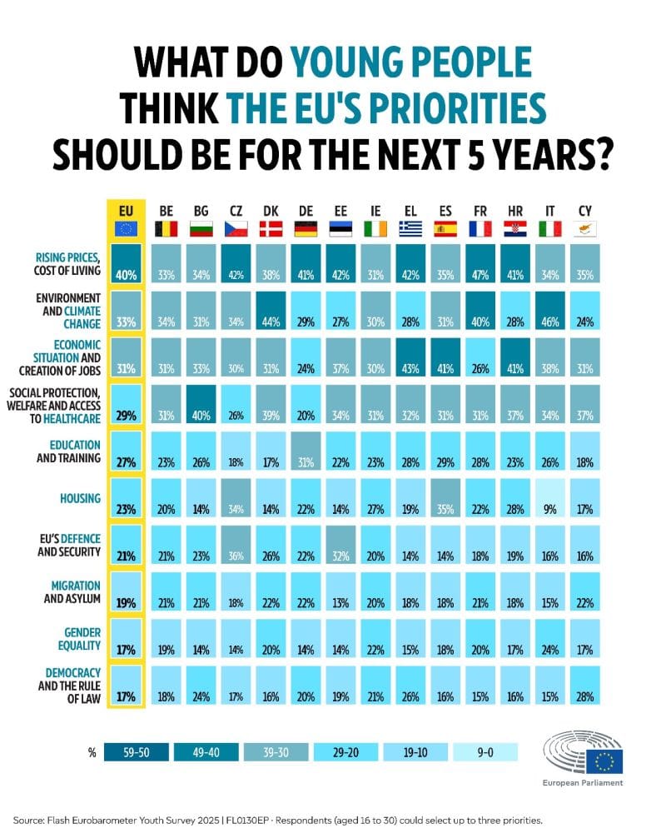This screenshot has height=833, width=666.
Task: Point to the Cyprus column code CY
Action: coord(584,211)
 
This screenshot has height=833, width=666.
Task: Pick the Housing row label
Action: coord(80,498)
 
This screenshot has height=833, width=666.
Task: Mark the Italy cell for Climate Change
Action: coord(550,322)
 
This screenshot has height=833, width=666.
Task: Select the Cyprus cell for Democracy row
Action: coord(584,696)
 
